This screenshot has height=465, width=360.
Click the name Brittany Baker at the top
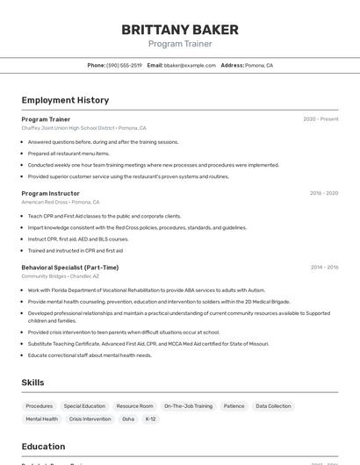[179, 29]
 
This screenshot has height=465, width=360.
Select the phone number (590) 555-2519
[125, 65]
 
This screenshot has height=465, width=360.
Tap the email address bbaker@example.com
[190, 65]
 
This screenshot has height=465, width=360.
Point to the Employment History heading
[65, 100]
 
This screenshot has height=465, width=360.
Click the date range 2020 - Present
[320, 118]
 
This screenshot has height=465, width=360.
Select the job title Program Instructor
[50, 193]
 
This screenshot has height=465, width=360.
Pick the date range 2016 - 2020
[324, 193]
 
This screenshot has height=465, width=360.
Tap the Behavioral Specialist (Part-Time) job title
[69, 267]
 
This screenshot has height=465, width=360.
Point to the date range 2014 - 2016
[324, 267]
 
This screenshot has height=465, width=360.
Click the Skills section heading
[33, 383]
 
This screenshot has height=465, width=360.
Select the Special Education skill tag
[84, 406]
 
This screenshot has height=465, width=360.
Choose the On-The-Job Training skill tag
[188, 406]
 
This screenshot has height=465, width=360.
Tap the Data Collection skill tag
[273, 406]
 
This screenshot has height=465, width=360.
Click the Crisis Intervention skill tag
[90, 419]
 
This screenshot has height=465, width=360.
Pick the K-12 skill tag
[150, 419]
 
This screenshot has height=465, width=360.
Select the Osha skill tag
[128, 419]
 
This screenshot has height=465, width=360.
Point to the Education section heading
[44, 446]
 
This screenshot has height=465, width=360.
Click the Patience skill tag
[234, 406]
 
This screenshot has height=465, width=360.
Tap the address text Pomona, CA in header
[259, 65]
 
